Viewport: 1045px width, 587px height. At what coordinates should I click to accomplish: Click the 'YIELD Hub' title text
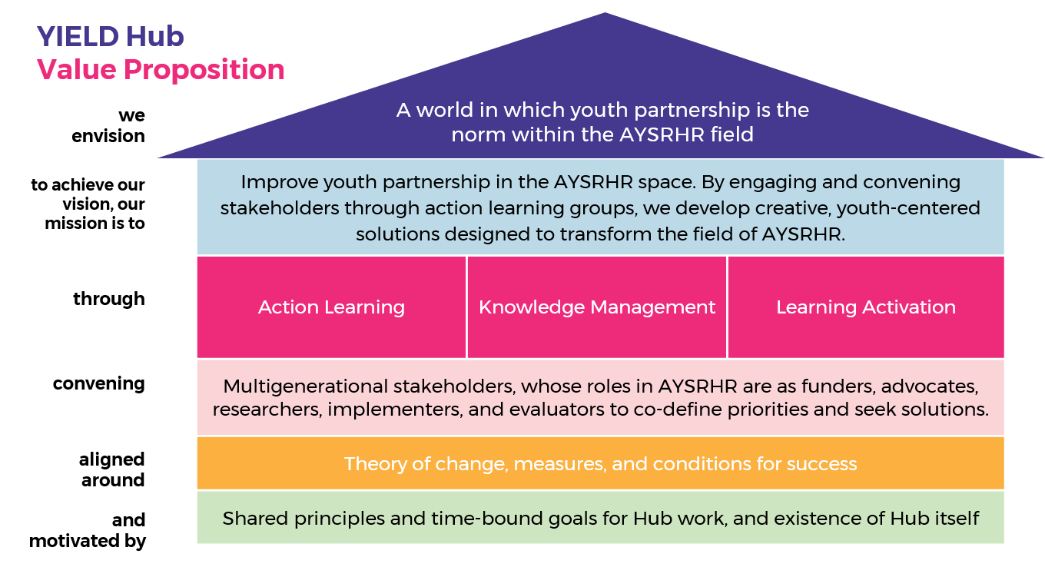pos(111,36)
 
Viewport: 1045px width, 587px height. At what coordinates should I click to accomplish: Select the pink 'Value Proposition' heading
pos(161,70)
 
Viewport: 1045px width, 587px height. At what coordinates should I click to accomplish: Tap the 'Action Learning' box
pos(331,307)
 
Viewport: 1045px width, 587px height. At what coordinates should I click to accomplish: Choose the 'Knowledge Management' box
pos(597,307)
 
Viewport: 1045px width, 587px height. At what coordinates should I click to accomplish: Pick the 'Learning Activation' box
pos(866,307)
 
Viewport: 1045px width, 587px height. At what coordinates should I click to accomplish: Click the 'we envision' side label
pos(108,125)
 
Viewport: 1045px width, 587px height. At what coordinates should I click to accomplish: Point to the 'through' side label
pos(109,299)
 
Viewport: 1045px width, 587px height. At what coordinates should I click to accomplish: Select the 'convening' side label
pos(99,383)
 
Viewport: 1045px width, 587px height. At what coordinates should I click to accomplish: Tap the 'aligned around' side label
pos(112,469)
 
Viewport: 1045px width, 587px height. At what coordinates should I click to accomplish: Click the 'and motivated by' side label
pos(88,531)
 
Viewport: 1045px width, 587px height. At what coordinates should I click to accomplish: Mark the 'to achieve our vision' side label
pos(88,204)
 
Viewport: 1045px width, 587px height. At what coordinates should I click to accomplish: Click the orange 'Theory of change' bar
pos(600,463)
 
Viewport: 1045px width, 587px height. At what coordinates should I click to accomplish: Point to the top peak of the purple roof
pos(605,12)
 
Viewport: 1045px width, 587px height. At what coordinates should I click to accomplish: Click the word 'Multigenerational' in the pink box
pos(305,386)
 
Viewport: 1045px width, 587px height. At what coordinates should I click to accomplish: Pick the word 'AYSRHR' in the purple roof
pos(662,135)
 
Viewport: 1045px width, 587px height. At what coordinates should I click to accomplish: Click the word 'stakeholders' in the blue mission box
pos(280,208)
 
